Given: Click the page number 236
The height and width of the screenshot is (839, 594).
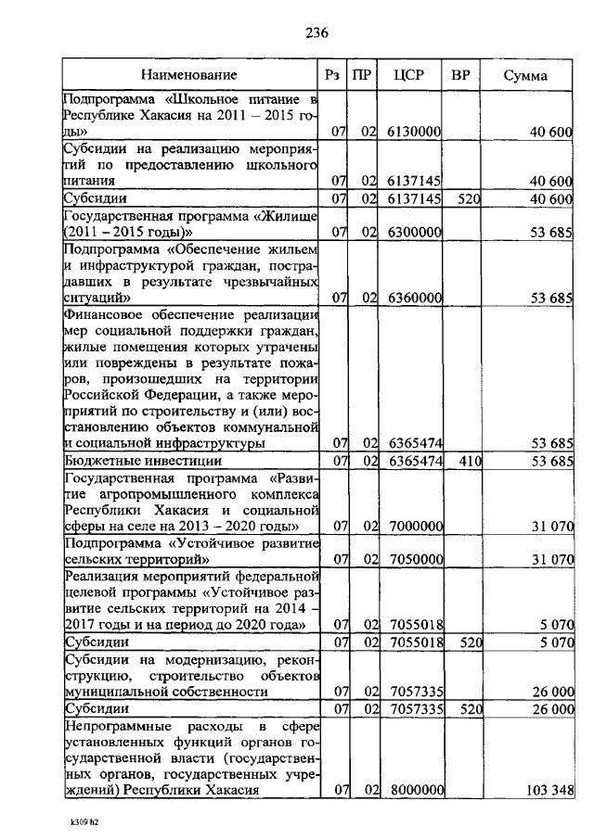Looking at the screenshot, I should pos(317,33).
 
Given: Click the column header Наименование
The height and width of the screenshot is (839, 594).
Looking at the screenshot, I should pos(189,75).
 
